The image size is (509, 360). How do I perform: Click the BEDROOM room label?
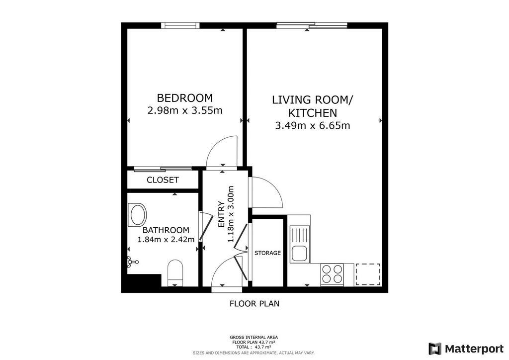coord(185,98)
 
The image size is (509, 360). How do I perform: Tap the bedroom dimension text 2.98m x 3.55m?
coord(185,111)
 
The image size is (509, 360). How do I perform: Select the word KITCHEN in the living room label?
coord(313,113)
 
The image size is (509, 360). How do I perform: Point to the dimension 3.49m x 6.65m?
coord(313,125)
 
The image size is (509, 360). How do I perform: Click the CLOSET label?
coord(163,180)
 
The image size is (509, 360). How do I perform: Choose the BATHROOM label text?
coord(166,230)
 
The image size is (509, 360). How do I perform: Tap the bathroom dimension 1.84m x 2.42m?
coord(166,240)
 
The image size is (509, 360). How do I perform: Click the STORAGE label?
coord(267,253)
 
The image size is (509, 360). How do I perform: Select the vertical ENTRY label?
coord(221,214)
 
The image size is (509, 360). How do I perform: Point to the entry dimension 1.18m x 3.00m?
coord(231,214)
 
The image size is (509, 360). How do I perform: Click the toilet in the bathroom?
coord(175,272)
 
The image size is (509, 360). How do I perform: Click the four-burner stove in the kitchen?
coord(332,274)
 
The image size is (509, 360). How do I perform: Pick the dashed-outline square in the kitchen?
coord(368,274)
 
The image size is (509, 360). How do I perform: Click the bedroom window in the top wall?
coord(180,25)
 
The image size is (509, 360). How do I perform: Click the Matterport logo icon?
coord(435,349)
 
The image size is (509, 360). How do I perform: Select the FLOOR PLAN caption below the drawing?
coord(254,303)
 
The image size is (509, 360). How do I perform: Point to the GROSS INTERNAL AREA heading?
coord(254,337)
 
